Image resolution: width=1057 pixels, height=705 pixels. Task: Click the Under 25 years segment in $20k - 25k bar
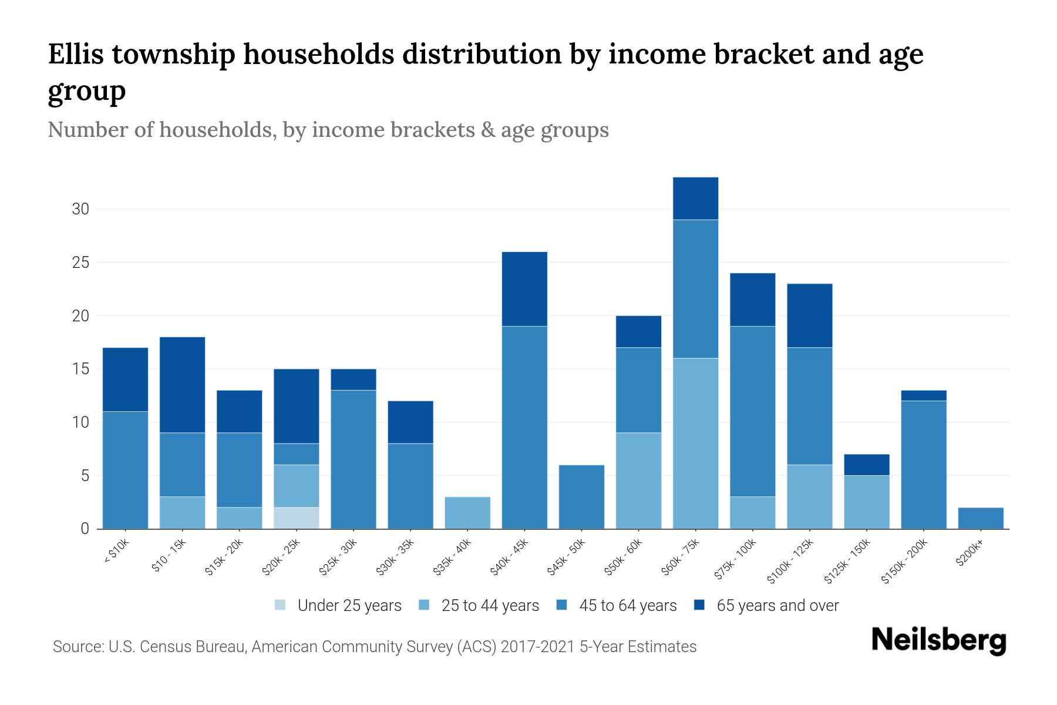pos(297,518)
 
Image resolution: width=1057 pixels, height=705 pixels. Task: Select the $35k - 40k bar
pos(467,513)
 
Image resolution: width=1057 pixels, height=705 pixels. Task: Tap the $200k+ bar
pos(981,518)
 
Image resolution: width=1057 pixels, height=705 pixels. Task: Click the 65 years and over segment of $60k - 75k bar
pos(695,199)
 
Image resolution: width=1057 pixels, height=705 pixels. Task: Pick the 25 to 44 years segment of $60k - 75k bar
pos(695,444)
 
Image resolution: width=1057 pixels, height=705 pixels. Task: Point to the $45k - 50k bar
pos(581,497)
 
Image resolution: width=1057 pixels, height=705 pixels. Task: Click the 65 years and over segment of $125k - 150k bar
pos(867,465)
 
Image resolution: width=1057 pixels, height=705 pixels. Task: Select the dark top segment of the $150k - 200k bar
pos(924,395)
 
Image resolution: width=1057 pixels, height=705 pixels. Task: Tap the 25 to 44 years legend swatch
pos(424,605)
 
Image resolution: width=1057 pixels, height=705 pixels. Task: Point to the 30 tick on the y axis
pos(80,209)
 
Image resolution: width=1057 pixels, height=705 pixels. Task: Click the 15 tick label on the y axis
pos(80,369)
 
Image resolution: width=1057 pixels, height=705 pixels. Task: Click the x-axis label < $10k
pos(116,552)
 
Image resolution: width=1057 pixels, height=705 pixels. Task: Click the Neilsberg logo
pos(938,640)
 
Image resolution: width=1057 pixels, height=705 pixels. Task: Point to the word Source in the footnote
pos(77,647)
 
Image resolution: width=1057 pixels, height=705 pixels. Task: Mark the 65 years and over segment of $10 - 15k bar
pos(183,385)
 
